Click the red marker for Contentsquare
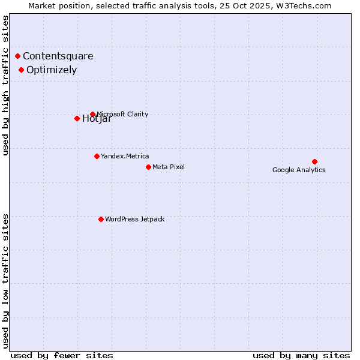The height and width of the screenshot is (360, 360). (x=18, y=56)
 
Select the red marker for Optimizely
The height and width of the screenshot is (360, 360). (x=22, y=70)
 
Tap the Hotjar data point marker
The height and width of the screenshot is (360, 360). (x=77, y=118)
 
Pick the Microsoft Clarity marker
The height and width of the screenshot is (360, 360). (x=92, y=114)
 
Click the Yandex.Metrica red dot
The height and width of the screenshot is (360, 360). (x=97, y=156)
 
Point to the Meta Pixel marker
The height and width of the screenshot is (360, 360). (x=148, y=167)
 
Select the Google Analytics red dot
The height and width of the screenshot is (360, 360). (x=314, y=161)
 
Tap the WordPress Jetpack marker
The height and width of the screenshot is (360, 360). (x=101, y=219)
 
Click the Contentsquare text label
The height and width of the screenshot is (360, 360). (x=58, y=56)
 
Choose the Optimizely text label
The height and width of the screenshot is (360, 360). (x=52, y=70)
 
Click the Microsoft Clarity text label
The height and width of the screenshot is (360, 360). (x=122, y=114)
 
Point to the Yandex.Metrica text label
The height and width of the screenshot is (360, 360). (x=125, y=156)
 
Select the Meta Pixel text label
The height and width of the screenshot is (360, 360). (x=169, y=167)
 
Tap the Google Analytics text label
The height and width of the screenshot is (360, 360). (x=299, y=170)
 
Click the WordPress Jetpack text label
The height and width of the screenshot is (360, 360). (x=134, y=219)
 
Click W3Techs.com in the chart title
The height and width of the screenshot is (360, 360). (x=307, y=6)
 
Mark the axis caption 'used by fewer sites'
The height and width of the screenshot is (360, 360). (x=62, y=355)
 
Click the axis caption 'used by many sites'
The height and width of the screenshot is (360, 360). (x=301, y=355)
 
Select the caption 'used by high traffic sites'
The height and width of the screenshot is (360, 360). (x=6, y=85)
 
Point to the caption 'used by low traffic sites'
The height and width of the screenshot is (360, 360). (x=6, y=281)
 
